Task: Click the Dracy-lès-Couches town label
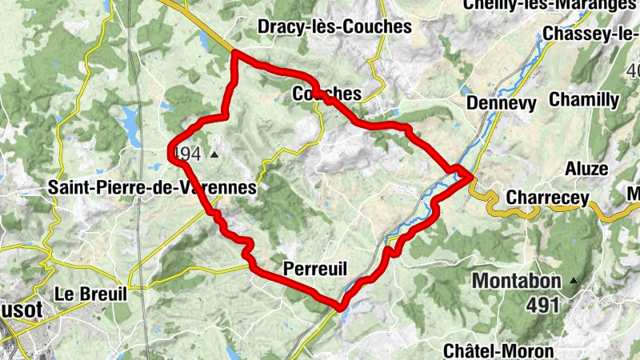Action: click(334, 27)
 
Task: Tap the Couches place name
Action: click(327, 94)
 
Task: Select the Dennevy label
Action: click(498, 103)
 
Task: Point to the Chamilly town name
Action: click(584, 100)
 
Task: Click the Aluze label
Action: click(586, 169)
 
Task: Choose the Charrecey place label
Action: click(548, 198)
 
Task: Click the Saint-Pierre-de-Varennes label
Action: click(153, 187)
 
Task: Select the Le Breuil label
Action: click(90, 294)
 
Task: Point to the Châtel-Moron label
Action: click(498, 350)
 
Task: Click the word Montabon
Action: click(518, 281)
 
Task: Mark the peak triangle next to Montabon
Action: click(574, 281)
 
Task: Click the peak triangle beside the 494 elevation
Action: click(214, 154)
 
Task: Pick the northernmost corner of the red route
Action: click(234, 53)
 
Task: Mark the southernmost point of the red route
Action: click(341, 306)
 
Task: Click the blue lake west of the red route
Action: click(128, 120)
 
